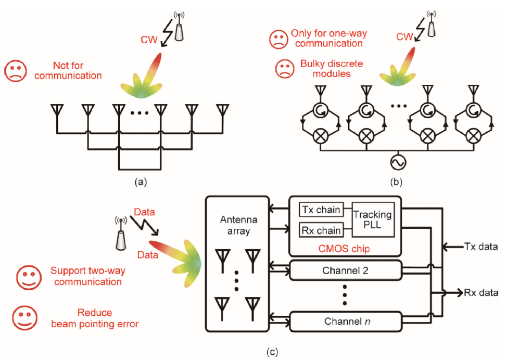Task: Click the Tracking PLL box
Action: coord(373,220)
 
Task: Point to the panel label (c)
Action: coord(273,352)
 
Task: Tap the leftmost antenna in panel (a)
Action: coord(56,110)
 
